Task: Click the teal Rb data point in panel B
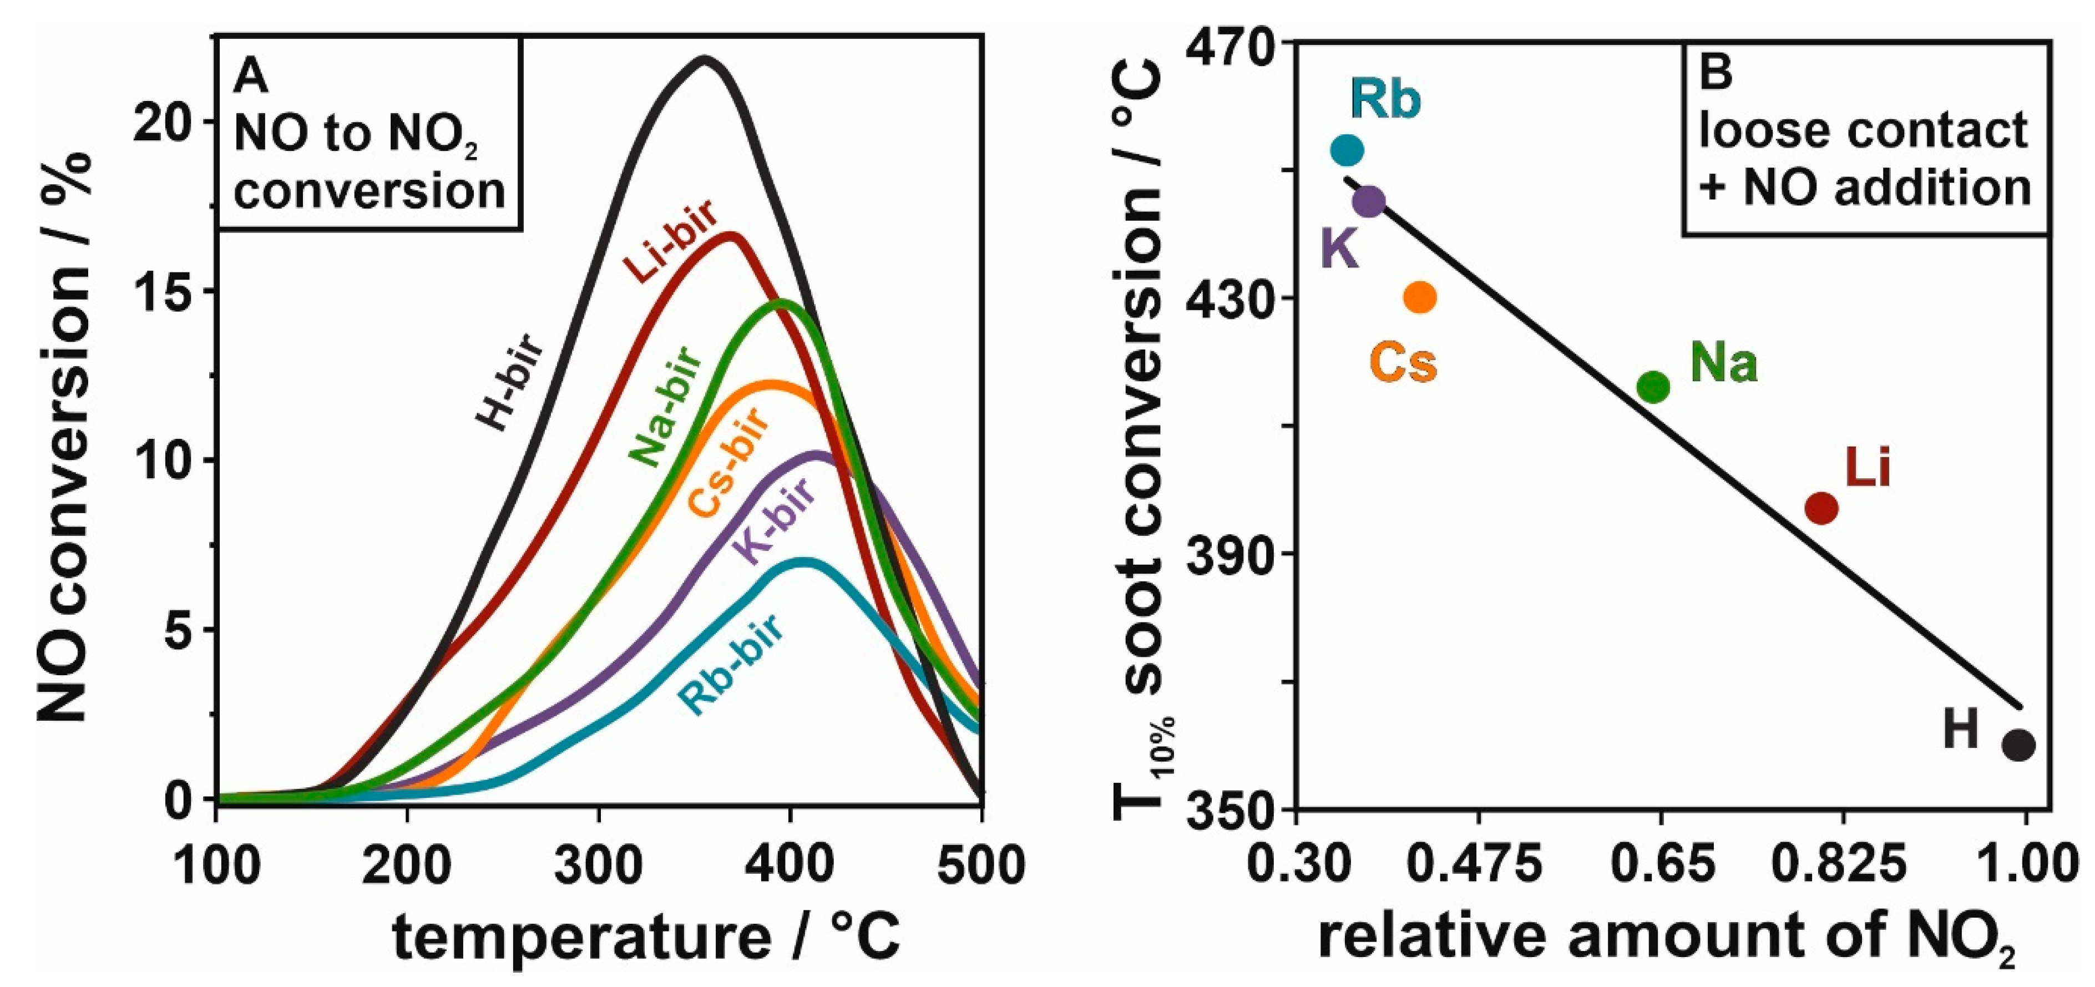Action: (1347, 150)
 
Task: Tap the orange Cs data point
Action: (1420, 297)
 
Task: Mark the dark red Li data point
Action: (1821, 508)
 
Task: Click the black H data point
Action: (2018, 745)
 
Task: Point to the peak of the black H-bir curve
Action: (704, 59)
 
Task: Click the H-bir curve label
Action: (512, 382)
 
